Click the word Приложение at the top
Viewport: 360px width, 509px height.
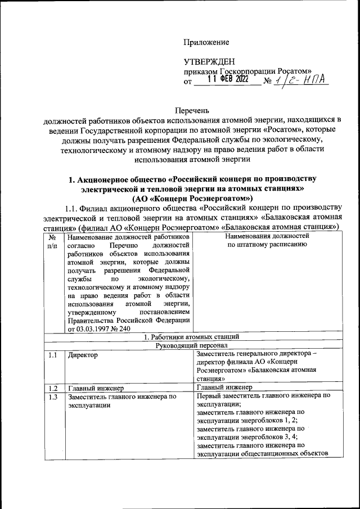206,42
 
